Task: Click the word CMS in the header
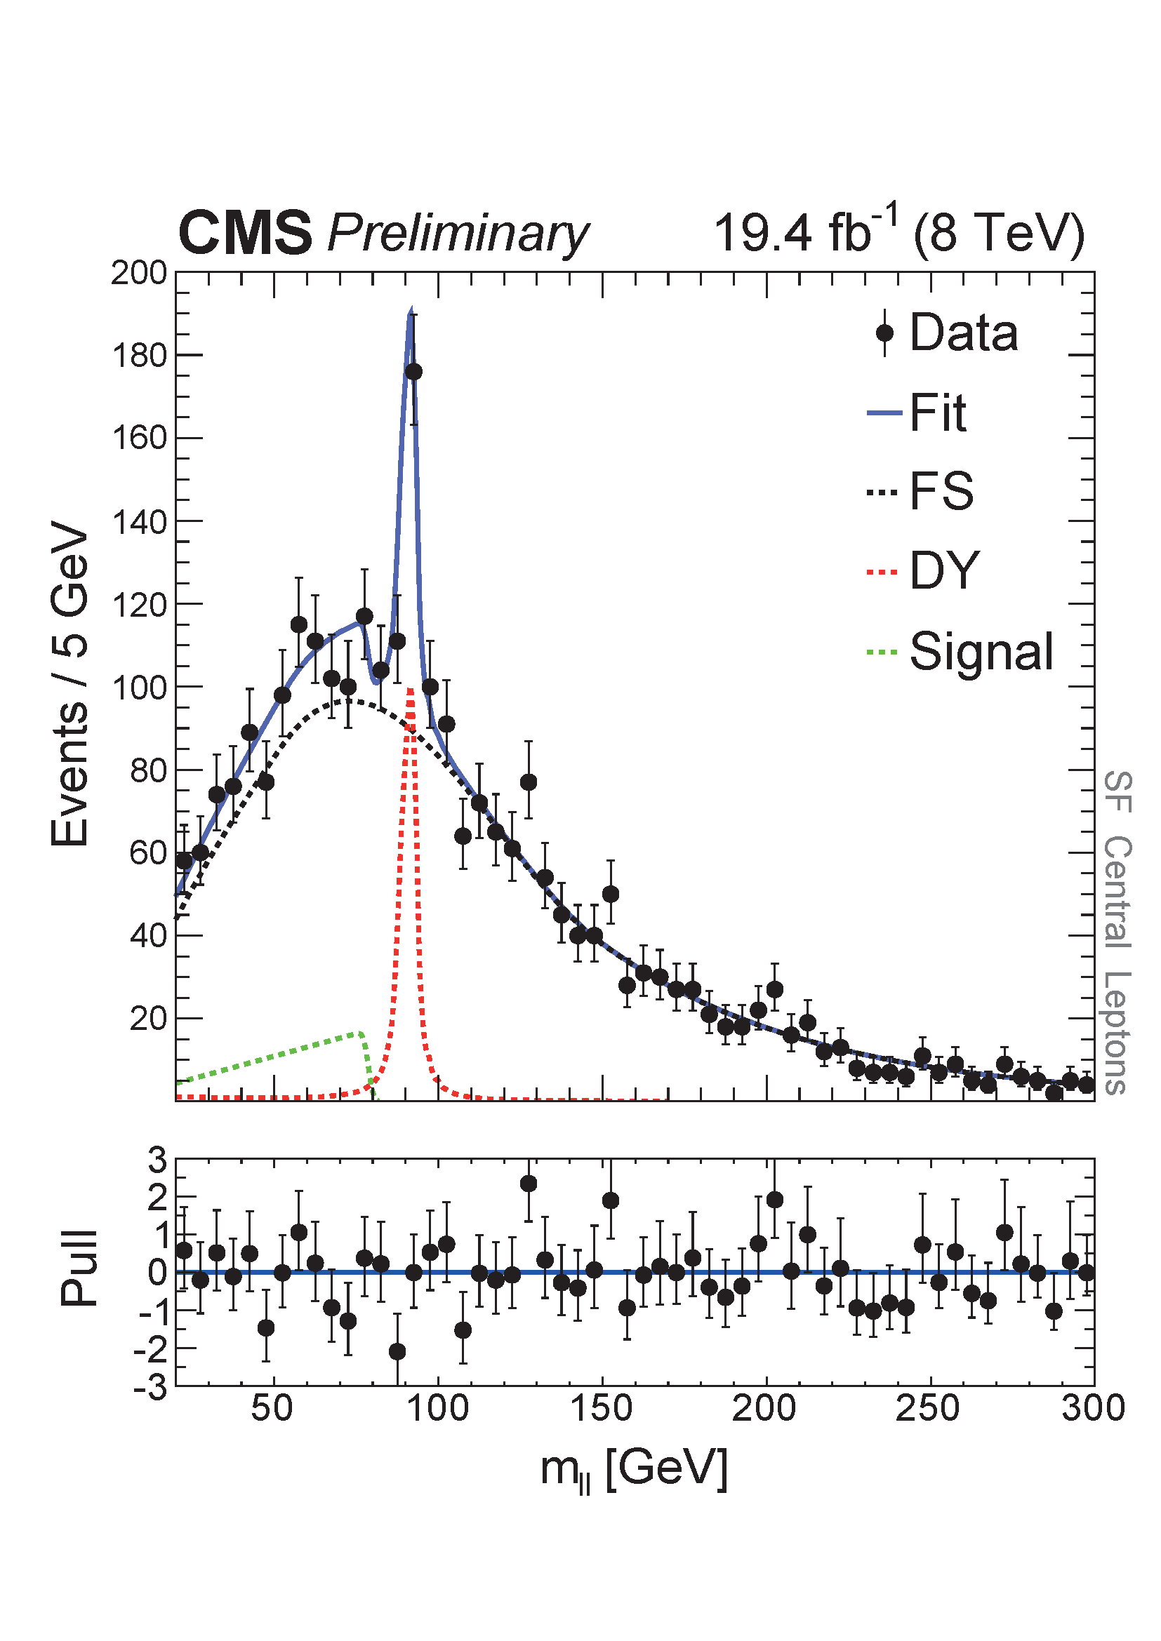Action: click(244, 233)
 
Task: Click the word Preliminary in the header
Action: click(458, 234)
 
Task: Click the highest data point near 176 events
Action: click(413, 372)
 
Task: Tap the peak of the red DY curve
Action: click(411, 690)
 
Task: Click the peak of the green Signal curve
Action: click(360, 1033)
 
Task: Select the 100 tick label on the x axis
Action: click(437, 1409)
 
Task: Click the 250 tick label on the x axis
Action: click(929, 1409)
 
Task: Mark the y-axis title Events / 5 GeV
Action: click(70, 685)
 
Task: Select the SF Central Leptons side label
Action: click(1117, 932)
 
